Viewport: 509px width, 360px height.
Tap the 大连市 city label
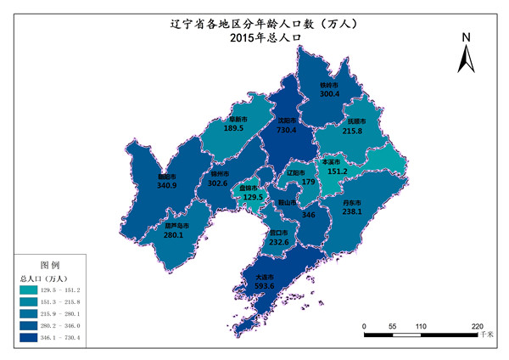pyautogui.click(x=265, y=276)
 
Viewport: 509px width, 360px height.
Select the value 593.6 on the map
pyautogui.click(x=265, y=286)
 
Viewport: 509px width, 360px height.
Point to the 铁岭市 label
pyautogui.click(x=329, y=85)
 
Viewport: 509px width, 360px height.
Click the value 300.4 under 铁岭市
pyautogui.click(x=329, y=95)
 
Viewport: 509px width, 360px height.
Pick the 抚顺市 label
pyautogui.click(x=356, y=121)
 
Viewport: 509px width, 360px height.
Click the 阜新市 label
pyautogui.click(x=236, y=119)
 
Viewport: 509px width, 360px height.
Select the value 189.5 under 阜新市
pyautogui.click(x=235, y=129)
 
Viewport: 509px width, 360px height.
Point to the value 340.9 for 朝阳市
pyautogui.click(x=168, y=188)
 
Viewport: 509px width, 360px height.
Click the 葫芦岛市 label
pyautogui.click(x=176, y=226)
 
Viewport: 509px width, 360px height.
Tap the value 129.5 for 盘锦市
pyautogui.click(x=254, y=197)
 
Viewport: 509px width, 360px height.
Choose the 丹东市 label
pyautogui.click(x=351, y=203)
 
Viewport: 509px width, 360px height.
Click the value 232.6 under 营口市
pyautogui.click(x=277, y=243)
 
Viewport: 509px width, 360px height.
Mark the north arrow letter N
pyautogui.click(x=466, y=38)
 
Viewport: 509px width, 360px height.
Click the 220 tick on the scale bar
pyautogui.click(x=478, y=325)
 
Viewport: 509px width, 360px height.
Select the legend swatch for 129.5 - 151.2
pyautogui.click(x=29, y=291)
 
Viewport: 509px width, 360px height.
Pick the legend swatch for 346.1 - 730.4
pyautogui.click(x=29, y=339)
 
